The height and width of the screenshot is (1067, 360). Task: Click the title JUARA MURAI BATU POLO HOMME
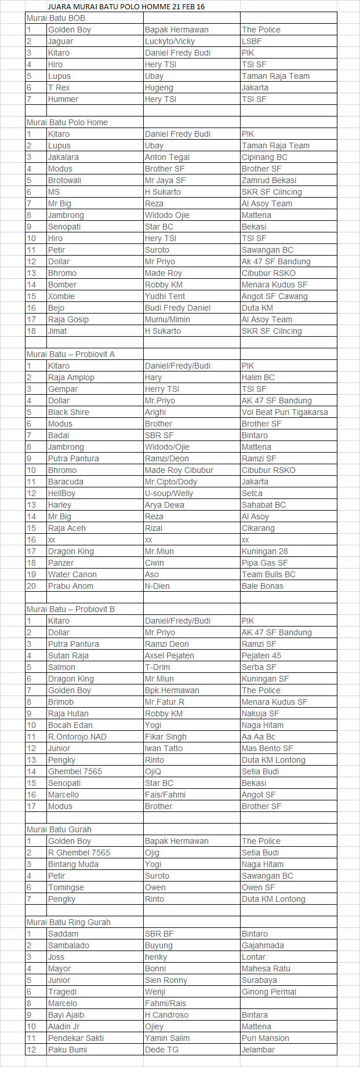click(126, 6)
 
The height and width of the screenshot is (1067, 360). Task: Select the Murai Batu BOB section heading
click(56, 18)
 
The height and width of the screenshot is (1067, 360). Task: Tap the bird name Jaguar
click(61, 41)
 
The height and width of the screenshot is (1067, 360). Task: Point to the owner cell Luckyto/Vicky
click(170, 41)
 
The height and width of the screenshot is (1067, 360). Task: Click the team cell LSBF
click(252, 41)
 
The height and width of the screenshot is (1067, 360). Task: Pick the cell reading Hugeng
click(159, 88)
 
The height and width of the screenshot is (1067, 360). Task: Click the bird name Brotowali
click(65, 180)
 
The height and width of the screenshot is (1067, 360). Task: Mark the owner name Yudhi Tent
click(165, 296)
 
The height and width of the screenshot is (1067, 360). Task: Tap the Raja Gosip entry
click(68, 319)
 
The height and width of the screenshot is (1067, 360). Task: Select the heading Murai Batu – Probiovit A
click(71, 354)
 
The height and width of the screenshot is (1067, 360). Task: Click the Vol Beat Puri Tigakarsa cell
click(285, 412)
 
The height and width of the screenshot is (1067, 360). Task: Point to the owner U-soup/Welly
click(169, 493)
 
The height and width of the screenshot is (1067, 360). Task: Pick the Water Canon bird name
click(72, 574)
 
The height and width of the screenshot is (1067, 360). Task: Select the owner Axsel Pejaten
click(169, 656)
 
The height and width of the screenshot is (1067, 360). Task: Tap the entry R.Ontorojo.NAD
click(77, 737)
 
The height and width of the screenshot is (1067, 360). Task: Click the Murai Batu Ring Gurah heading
click(68, 922)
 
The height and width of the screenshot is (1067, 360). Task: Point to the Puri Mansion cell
click(266, 1038)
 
